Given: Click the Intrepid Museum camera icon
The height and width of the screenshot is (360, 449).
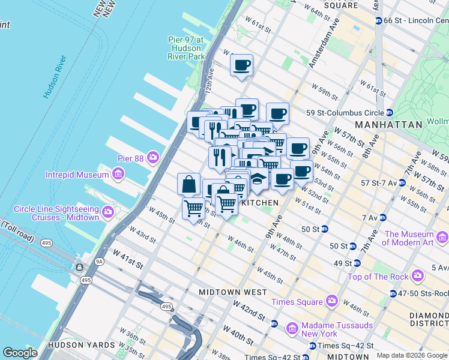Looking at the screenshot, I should point(118,175).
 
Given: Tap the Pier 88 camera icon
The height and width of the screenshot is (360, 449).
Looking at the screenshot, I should point(154,157).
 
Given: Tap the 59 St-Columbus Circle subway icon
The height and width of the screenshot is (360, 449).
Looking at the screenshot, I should point(390,112).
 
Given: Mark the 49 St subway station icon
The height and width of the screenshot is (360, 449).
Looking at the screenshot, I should point(357,263).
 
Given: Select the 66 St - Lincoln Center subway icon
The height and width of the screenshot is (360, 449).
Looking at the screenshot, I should point(379,20).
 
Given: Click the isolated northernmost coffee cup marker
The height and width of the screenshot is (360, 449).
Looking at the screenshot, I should point(241,65).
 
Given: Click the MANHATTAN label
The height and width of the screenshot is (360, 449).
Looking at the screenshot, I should point(388,125).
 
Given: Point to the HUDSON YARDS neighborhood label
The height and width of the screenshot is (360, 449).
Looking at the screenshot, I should point(82,345).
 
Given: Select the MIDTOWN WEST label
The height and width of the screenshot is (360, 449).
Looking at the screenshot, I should point(233,292).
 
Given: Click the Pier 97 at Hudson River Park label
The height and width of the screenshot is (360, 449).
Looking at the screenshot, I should point(186,48).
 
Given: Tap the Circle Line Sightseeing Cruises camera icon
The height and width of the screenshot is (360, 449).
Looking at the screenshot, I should point(109,211).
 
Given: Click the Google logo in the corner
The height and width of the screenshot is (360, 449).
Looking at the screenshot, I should point(20,353).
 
